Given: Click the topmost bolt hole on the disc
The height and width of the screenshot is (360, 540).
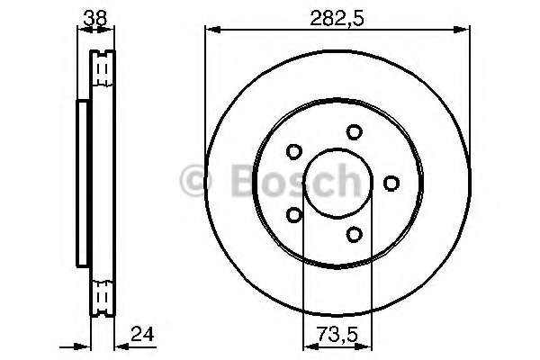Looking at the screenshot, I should tap(355, 131).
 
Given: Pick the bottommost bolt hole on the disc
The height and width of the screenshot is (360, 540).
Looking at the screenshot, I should tap(354, 235).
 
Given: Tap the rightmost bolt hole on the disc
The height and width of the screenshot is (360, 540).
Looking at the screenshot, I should tap(391, 184).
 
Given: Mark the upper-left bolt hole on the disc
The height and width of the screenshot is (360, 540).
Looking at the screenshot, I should tap(293, 152).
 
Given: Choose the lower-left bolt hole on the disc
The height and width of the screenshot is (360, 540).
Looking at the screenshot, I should tap(293, 215).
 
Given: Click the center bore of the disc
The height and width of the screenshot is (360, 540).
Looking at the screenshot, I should tap(336, 184).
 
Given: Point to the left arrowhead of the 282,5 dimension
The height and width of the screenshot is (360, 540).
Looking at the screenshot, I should tap(209, 31).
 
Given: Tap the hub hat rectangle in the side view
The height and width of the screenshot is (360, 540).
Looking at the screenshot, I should tap(83, 184).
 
